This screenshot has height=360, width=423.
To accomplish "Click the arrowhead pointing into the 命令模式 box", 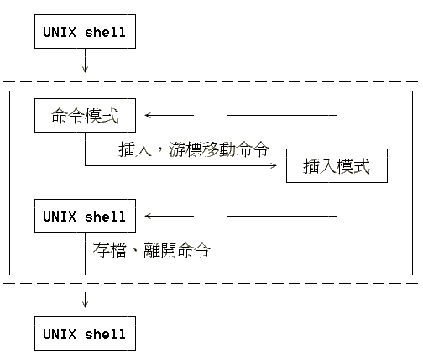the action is coord(148,115).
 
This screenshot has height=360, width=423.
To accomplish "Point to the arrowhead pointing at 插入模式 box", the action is coord(274,165).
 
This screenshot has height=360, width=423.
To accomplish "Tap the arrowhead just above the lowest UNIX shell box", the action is coord(85,304).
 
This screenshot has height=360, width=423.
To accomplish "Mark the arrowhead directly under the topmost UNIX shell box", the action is coord(85,69).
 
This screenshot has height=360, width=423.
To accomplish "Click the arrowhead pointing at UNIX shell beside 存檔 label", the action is coord(148,216).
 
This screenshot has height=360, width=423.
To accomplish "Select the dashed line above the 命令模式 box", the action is coord(211,82).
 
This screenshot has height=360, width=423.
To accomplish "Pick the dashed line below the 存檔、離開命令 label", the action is coord(211,283).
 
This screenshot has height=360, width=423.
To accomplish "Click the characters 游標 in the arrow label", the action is coord(185,149).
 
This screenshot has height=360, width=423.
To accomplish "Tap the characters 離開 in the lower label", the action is coord(160,250).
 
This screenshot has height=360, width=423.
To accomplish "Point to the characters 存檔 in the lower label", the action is coord(109,250).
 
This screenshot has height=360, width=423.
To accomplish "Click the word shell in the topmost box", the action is coord(105,32).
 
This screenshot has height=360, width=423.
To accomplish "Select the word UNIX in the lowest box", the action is coord(60,334).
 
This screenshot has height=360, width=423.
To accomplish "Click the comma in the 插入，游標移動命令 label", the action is coord(160,150).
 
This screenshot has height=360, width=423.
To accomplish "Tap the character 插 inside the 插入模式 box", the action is coord(311,166).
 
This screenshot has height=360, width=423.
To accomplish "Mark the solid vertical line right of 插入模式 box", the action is coord(412,183).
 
